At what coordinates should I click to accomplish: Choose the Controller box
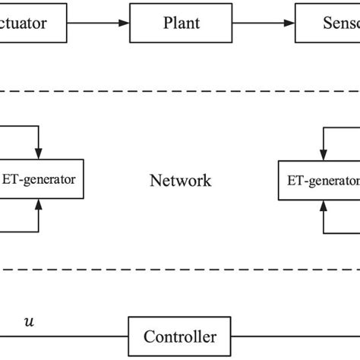(180, 336)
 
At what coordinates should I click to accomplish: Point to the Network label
(180, 181)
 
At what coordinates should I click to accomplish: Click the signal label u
(30, 321)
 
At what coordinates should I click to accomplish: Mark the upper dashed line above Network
(180, 93)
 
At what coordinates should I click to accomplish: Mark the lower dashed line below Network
(180, 268)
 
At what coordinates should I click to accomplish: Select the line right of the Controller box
(296, 336)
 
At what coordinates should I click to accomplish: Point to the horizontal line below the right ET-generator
(342, 230)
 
